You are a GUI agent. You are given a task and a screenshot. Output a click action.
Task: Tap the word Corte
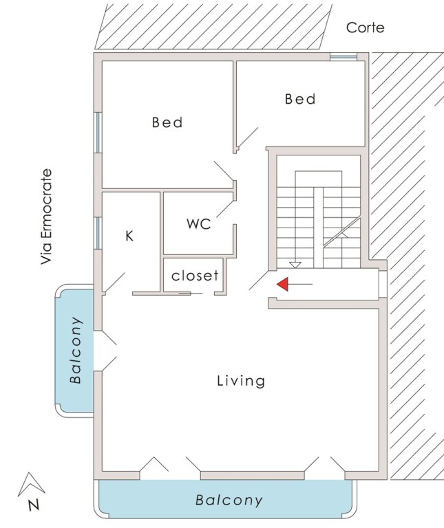pyautogui.click(x=365, y=27)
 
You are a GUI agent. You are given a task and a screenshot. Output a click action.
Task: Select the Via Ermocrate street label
pyautogui.click(x=47, y=217)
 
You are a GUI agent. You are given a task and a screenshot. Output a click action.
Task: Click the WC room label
pyautogui.click(x=199, y=224)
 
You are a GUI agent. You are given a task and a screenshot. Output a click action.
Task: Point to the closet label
pyautogui.click(x=195, y=276)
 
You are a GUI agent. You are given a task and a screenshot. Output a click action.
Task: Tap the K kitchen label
pyautogui.click(x=129, y=236)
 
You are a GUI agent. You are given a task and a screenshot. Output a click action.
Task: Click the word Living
pyautogui.click(x=241, y=381)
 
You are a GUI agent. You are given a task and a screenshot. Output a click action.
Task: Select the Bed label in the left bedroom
pyautogui.click(x=167, y=122)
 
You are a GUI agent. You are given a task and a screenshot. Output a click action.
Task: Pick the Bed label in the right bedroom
pyautogui.click(x=300, y=99)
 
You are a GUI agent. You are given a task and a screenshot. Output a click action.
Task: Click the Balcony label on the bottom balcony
pyautogui.click(x=229, y=500)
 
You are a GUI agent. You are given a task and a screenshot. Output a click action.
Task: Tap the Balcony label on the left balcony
pyautogui.click(x=76, y=350)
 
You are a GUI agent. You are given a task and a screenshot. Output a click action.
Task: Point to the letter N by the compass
pyautogui.click(x=34, y=505)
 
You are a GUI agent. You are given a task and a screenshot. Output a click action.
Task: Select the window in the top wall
pyautogui.click(x=343, y=56)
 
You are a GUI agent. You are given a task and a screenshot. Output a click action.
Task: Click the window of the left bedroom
pyautogui.click(x=98, y=133)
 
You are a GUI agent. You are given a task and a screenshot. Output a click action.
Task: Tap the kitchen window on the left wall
pyautogui.click(x=98, y=233)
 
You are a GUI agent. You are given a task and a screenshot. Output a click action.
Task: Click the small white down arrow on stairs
pyautogui.click(x=295, y=265)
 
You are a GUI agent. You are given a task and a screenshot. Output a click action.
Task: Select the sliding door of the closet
pyautogui.click(x=191, y=294)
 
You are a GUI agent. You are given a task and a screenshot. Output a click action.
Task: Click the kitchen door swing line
pyautogui.click(x=115, y=283)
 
